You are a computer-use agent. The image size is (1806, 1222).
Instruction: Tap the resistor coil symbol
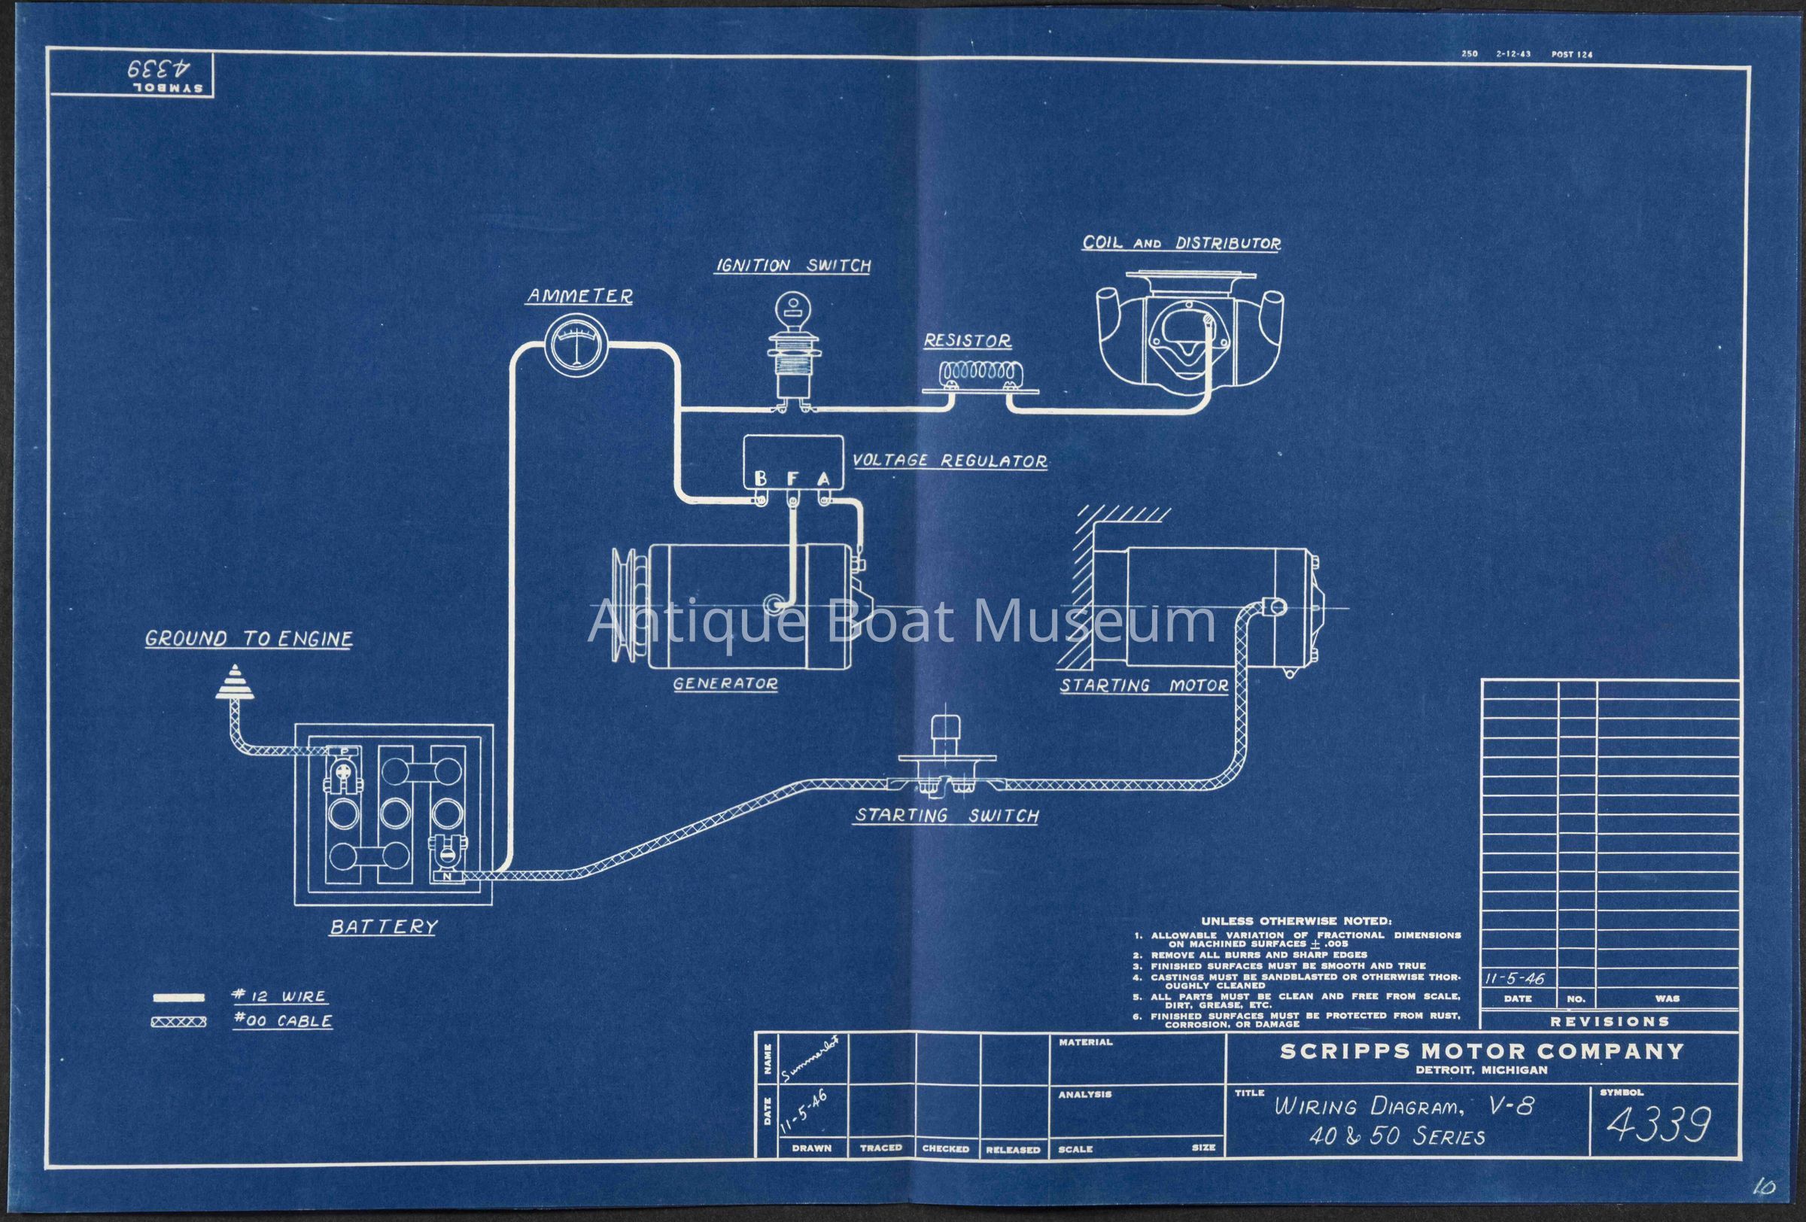[x=978, y=374]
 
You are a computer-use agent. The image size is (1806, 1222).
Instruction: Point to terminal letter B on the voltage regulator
[x=761, y=479]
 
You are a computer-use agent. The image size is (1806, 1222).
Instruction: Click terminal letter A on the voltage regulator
[x=823, y=479]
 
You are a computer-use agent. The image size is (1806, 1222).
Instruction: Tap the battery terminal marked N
[x=448, y=877]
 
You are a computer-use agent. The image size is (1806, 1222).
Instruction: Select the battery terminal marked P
[x=342, y=750]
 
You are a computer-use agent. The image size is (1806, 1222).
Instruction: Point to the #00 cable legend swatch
[x=179, y=1023]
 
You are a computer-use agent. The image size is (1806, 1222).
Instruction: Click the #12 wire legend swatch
[x=179, y=998]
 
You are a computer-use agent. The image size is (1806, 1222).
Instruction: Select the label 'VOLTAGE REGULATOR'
[x=949, y=461]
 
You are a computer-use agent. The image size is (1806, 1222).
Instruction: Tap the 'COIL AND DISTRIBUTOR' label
[x=1181, y=243]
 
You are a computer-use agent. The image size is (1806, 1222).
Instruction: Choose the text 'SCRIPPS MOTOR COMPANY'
[x=1481, y=1052]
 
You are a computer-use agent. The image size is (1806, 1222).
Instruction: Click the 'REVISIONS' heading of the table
[x=1610, y=1021]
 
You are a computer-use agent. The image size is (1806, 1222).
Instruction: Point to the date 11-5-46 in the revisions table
[x=1515, y=979]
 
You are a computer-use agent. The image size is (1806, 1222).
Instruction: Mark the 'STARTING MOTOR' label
[x=1144, y=686]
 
